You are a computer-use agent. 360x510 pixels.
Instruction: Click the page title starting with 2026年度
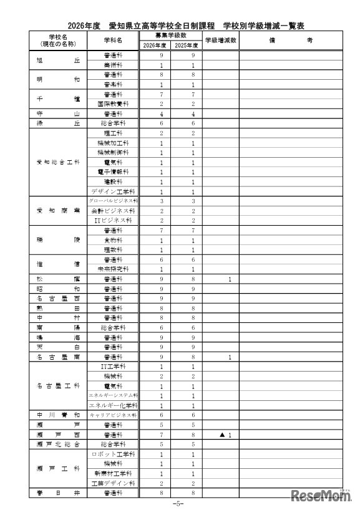(x=180, y=26)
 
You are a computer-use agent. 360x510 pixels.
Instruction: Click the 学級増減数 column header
(x=219, y=41)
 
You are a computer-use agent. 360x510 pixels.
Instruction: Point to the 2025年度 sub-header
(x=186, y=45)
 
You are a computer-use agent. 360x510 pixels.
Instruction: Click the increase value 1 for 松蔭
(x=230, y=279)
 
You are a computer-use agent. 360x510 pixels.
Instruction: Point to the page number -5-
(x=180, y=503)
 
